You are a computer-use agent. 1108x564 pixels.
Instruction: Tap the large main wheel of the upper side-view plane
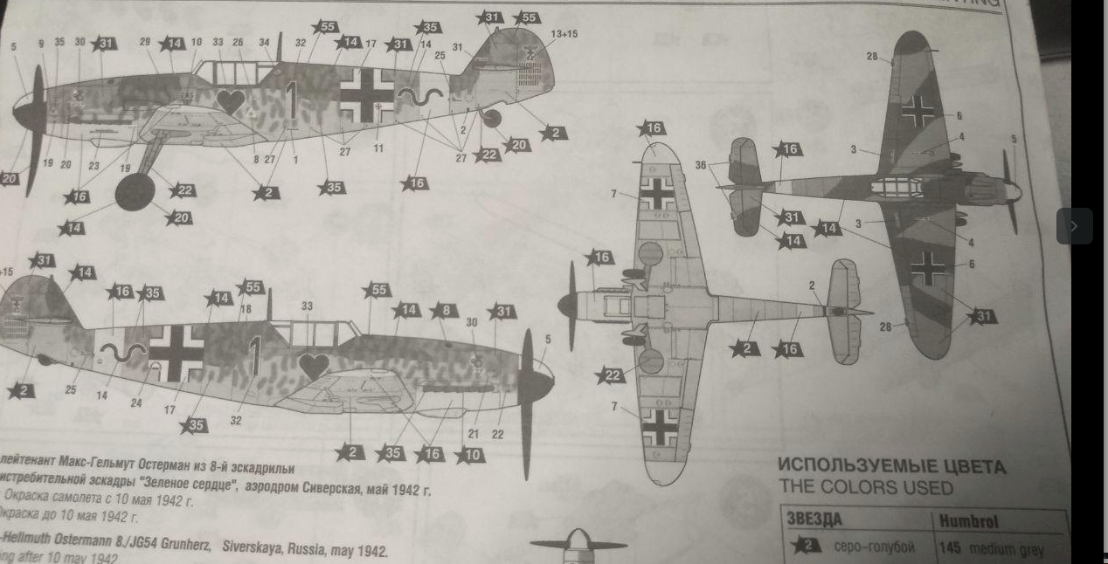coord(135,192)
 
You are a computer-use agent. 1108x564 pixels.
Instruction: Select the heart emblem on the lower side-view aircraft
coord(314,366)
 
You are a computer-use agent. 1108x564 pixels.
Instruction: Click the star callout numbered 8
coord(445,310)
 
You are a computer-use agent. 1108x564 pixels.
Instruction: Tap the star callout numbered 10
coord(470,454)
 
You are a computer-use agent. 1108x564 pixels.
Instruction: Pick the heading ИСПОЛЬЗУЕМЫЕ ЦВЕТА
coord(891,467)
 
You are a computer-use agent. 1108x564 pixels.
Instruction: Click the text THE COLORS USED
coord(865,487)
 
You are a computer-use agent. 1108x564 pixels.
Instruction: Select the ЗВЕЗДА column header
coord(814,520)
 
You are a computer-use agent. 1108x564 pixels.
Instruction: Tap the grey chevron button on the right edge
coord(1074,226)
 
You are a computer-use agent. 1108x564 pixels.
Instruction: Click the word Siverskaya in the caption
coord(257,551)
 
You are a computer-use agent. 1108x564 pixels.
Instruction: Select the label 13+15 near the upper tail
coord(564,34)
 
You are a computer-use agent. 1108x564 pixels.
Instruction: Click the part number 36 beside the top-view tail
coord(701,164)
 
